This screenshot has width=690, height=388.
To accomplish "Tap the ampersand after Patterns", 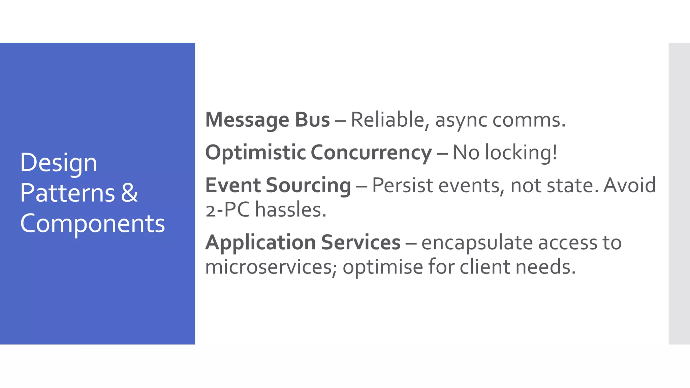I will tap(130, 193).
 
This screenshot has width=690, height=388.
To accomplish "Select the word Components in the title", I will tap(93, 224).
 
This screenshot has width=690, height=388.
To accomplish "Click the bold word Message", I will tap(247, 120).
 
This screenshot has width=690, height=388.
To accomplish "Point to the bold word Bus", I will tap(312, 120).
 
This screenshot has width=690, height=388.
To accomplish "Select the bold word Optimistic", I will tap(255, 153).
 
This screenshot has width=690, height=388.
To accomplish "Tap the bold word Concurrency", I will tap(371, 153).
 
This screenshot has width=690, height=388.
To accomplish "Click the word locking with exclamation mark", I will tap(521, 153).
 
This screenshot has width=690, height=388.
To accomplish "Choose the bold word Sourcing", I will tap(308, 186).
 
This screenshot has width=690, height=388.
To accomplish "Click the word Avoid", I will tap(629, 185).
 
